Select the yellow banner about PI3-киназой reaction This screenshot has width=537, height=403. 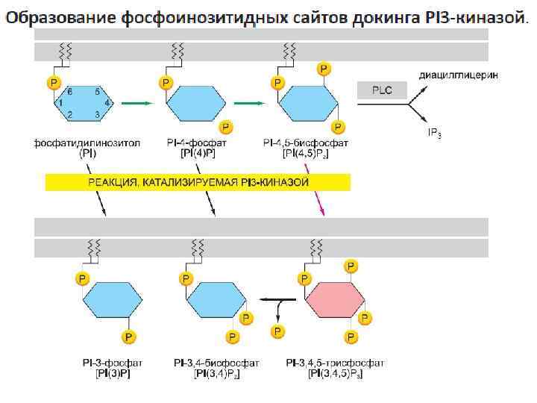[x=198, y=181]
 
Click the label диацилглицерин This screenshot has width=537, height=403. [x=458, y=75]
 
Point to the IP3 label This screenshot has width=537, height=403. [x=433, y=133]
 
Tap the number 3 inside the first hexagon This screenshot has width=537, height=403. [x=97, y=114]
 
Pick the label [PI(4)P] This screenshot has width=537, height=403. [x=198, y=153]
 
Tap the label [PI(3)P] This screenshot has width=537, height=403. [x=113, y=373]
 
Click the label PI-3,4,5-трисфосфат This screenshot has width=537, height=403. [x=335, y=363]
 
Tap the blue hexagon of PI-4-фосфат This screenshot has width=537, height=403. [x=196, y=102]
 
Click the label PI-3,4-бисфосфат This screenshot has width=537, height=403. [x=216, y=363]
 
